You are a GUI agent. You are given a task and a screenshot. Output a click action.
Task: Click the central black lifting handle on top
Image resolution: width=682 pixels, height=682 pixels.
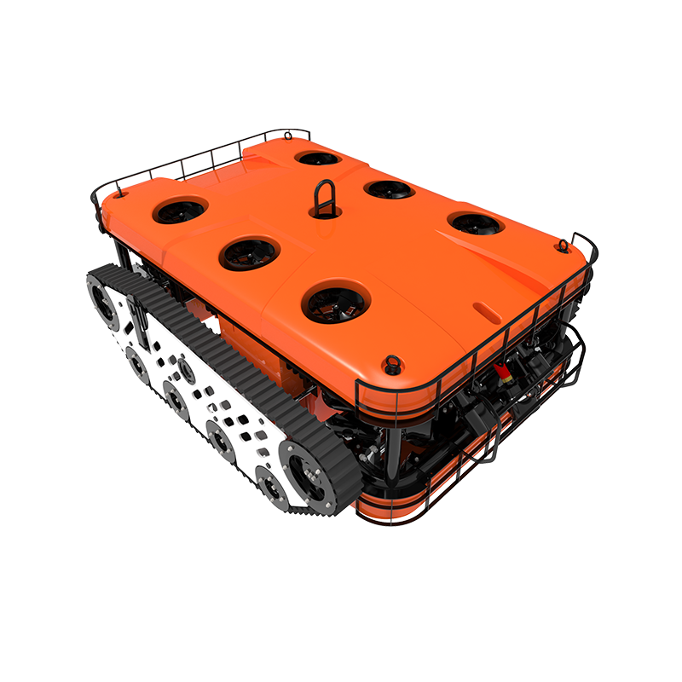pyautogui.click(x=322, y=199)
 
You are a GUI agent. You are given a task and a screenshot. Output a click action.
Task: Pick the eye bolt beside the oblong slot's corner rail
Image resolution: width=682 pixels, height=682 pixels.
pyautogui.click(x=563, y=246)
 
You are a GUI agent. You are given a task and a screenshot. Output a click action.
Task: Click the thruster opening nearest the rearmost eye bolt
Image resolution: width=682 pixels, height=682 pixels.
pyautogui.click(x=319, y=158)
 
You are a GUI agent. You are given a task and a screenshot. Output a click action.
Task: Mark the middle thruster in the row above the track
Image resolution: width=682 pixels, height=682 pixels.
pyautogui.click(x=250, y=251)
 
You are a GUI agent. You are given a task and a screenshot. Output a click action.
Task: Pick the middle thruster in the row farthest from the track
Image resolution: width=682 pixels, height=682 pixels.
pyautogui.click(x=389, y=188)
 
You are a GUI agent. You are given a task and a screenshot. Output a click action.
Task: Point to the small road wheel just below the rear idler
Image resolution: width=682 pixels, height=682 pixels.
pyautogui.click(x=136, y=361)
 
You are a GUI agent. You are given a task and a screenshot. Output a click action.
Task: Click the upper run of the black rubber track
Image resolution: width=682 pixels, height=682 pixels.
pyautogui.click(x=222, y=341)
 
